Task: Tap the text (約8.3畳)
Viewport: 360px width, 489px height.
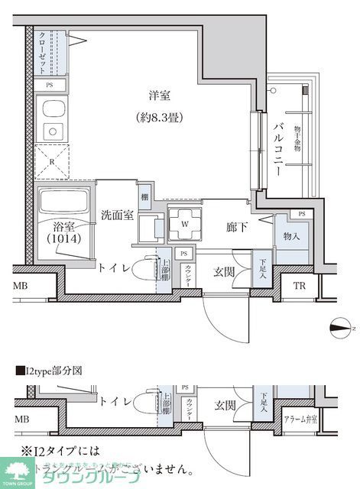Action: [161, 118]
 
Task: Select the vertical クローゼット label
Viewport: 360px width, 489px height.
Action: [43, 51]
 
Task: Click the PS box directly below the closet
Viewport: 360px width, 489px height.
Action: [50, 86]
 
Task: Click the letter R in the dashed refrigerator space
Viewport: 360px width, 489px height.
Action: [50, 162]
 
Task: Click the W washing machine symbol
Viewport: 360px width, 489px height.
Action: [184, 223]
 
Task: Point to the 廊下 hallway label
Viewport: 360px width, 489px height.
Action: [235, 228]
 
